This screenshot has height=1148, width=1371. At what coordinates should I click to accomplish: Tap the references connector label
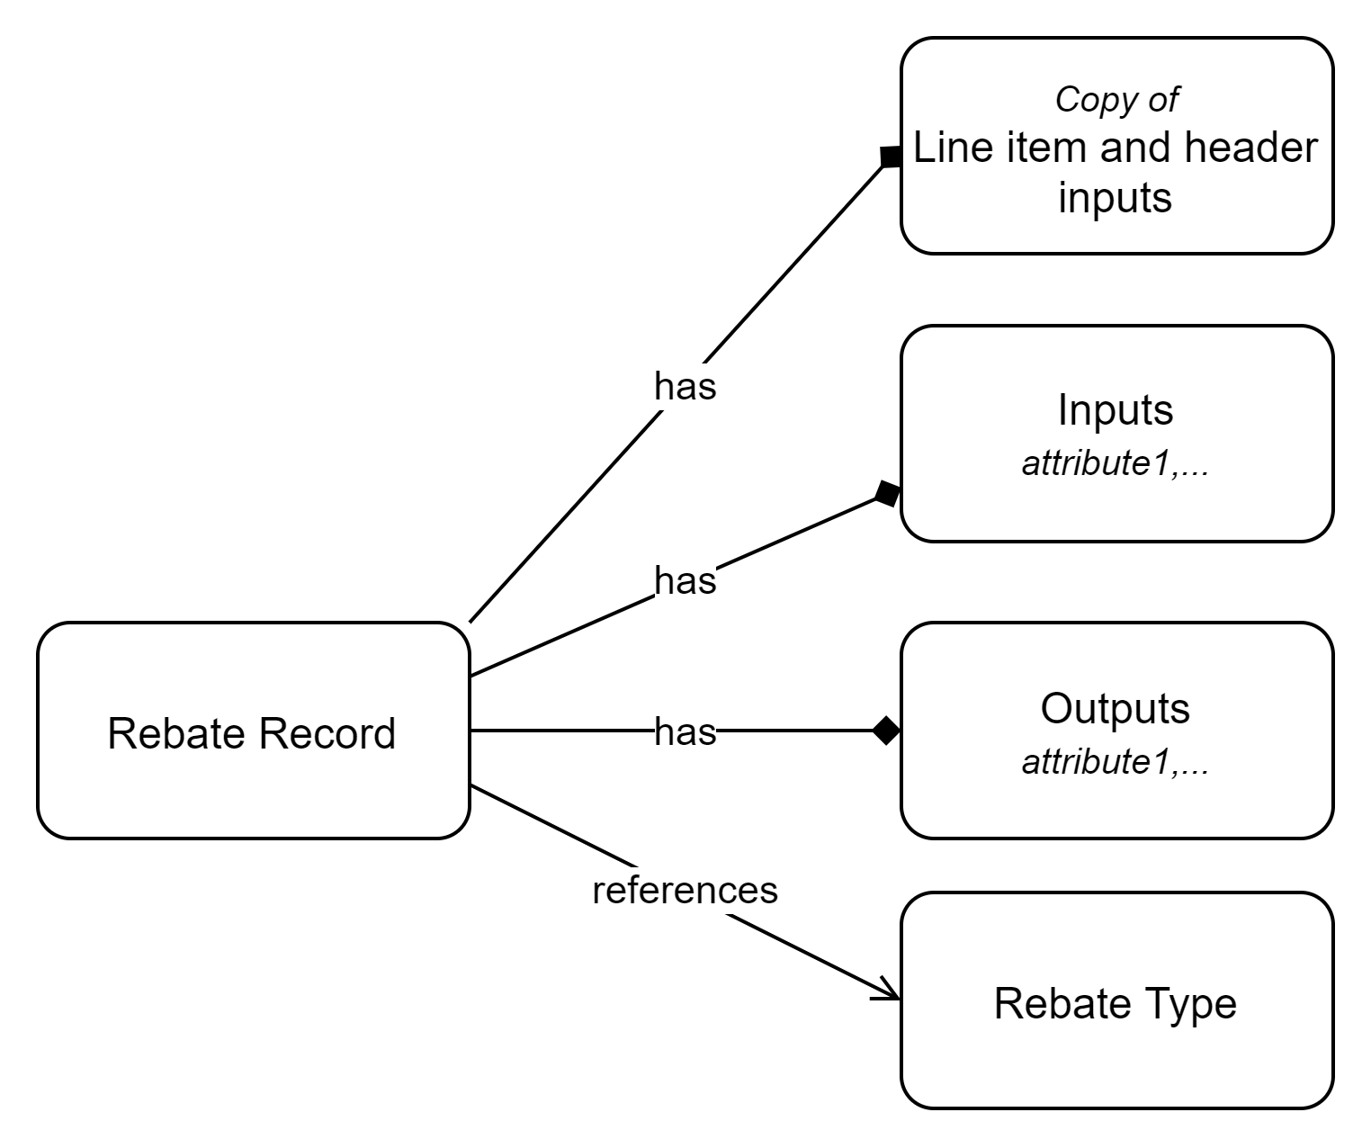tap(686, 890)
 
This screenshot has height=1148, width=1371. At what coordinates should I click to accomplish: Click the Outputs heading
tap(1116, 708)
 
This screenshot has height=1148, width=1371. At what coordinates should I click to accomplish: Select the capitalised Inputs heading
tap(1116, 410)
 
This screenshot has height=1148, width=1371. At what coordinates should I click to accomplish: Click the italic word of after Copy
tap(1162, 99)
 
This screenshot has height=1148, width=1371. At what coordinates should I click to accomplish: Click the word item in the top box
tap(1035, 148)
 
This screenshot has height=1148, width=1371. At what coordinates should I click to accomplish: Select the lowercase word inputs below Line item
tap(1116, 197)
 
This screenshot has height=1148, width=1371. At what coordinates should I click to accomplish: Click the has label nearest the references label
tap(685, 731)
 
